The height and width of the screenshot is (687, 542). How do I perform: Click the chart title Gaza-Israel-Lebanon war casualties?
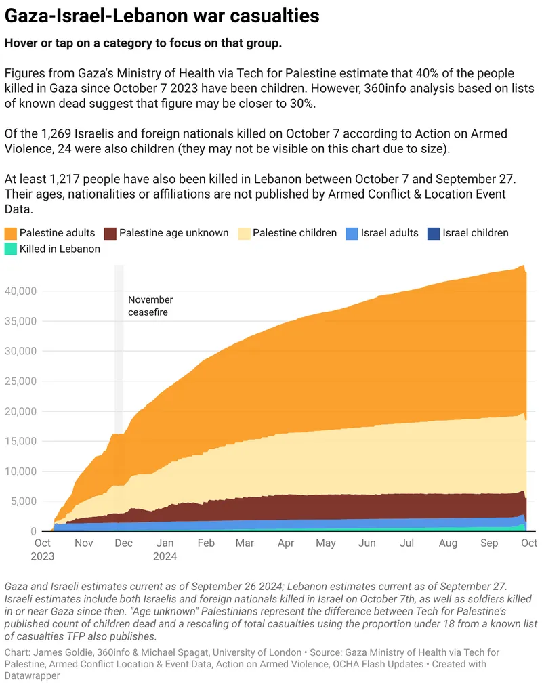163,14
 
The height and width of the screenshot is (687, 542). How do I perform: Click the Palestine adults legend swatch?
11,233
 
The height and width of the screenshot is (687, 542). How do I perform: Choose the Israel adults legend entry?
390,233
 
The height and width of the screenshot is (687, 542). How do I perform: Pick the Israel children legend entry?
475,233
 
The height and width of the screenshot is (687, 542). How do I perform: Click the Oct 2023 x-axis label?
42,549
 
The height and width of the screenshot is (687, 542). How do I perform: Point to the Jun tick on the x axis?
367,543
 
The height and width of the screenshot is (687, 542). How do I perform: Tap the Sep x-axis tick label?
488,543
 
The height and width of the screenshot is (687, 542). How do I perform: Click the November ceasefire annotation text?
150,306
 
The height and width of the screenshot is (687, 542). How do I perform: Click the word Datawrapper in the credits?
33,676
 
